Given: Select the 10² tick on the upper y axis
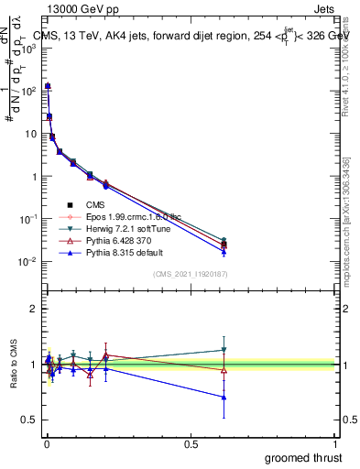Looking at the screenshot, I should click(x=29, y=91).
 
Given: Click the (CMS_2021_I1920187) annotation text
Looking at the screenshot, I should click(x=189, y=274).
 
